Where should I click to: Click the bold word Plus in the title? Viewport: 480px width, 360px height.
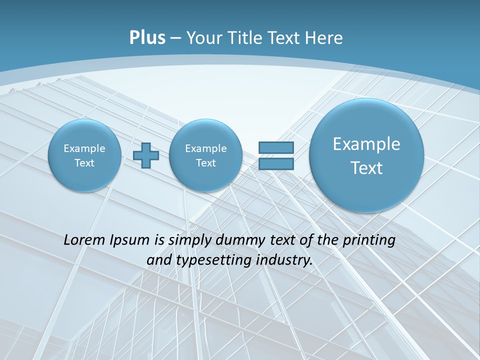pos(147,38)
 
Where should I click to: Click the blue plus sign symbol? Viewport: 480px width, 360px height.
pos(146,155)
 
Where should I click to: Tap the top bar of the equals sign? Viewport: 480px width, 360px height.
pos(276,147)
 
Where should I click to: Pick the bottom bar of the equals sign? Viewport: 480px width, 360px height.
pos(276,163)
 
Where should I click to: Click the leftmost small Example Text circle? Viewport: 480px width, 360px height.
pos(84,155)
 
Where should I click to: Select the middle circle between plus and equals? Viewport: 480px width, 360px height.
pos(205,155)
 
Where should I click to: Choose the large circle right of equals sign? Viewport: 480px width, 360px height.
pos(366,155)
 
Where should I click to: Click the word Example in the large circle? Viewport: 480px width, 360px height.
pos(366,144)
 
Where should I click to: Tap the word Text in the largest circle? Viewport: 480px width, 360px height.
pos(366,168)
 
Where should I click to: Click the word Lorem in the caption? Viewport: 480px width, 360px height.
pos(83,240)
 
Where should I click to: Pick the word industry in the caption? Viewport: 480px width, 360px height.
pos(283,260)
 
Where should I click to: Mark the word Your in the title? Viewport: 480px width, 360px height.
pos(202,38)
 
